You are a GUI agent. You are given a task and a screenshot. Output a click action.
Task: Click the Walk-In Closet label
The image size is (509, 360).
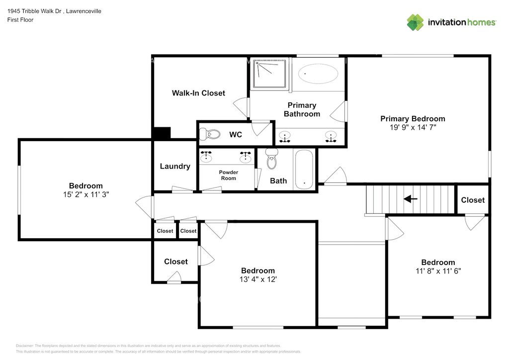pos(198,93)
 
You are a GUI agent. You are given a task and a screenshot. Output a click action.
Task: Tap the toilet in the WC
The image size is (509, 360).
pos(209,134)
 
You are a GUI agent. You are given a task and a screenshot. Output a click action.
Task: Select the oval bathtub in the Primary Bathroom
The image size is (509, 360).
pos(318,74)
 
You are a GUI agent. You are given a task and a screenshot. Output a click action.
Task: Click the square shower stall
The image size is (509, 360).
pos(270,74)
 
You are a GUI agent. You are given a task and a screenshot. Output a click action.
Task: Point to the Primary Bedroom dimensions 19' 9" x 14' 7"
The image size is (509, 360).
pos(413,127)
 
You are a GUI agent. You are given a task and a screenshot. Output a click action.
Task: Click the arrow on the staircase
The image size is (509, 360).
pos(410,199)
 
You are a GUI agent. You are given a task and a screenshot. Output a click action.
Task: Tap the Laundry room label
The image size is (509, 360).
pos(175,166)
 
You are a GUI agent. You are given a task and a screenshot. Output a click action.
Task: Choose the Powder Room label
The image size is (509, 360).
pos(229,176)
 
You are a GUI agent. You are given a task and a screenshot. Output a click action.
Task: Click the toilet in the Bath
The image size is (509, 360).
pos(272,159)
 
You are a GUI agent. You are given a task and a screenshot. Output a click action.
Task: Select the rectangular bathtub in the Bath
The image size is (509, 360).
pos(304,169)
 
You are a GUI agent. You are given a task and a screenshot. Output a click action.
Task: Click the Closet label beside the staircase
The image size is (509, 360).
pos(473,200)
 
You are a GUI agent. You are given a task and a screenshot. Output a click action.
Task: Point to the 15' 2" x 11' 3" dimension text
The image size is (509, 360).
pos(86,194)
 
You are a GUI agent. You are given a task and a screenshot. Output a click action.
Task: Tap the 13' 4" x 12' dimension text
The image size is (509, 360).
pos(258,279)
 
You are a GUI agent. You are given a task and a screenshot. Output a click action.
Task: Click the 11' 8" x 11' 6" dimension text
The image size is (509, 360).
pos(438,270)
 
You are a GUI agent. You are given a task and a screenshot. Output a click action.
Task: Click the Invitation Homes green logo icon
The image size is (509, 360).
pos(415,22)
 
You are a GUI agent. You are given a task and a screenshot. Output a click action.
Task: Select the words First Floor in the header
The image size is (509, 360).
pos(20,20)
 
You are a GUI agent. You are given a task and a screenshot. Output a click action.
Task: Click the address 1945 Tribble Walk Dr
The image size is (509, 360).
pos(34,11)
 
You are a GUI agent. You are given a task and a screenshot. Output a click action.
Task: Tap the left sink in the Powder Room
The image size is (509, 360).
pos(206,157)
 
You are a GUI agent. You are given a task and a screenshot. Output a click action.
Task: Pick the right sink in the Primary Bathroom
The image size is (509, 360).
pos(331,137)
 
